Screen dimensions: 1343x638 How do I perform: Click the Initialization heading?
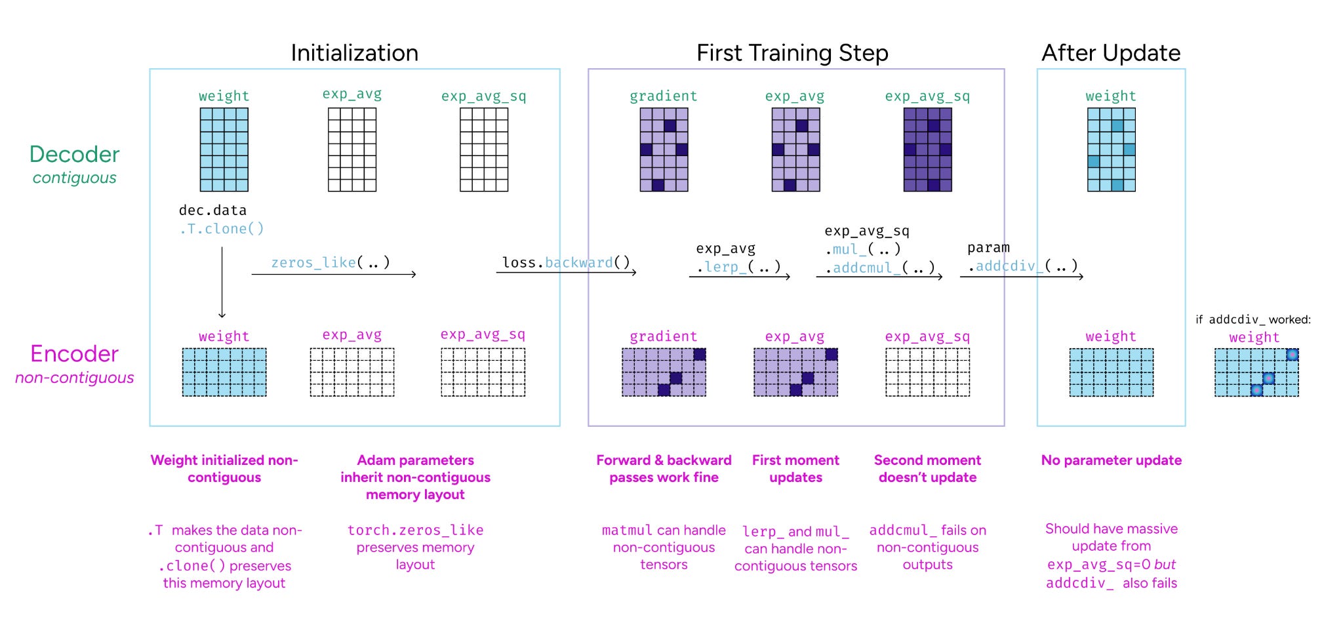(x=354, y=52)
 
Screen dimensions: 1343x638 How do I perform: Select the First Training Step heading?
(x=792, y=52)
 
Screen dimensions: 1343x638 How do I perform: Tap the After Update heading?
(x=1111, y=52)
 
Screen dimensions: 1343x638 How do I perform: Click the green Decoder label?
(x=75, y=154)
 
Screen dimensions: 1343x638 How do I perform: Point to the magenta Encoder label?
(x=75, y=354)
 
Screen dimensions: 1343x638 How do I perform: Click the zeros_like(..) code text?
(x=331, y=262)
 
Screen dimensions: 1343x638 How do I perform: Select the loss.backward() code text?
(x=566, y=262)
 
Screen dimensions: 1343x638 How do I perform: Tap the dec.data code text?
(x=212, y=210)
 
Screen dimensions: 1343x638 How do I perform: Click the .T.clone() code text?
(x=222, y=229)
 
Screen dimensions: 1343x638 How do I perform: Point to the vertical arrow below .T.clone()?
(x=222, y=282)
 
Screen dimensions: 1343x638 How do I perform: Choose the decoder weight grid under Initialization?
(x=224, y=150)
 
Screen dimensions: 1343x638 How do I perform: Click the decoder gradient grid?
(x=664, y=150)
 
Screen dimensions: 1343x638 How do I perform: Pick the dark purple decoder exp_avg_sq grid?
(x=927, y=150)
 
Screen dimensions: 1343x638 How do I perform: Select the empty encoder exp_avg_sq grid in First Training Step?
(x=927, y=372)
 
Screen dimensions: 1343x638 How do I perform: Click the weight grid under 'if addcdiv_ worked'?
(x=1256, y=372)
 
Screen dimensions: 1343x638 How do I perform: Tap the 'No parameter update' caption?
(x=1111, y=460)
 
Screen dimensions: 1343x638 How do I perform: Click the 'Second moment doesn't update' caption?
(x=927, y=469)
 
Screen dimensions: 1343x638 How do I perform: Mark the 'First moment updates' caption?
(x=795, y=469)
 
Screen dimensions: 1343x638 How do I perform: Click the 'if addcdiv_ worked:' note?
(x=1253, y=319)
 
